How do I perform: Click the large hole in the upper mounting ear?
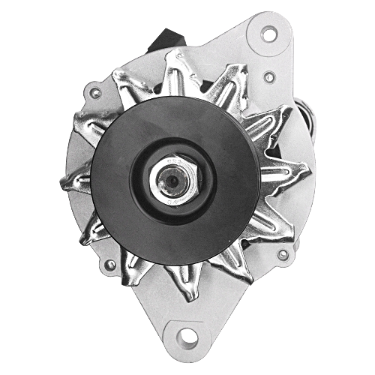[268, 33]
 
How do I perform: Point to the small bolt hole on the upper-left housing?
[94, 93]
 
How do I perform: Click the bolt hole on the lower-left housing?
[110, 265]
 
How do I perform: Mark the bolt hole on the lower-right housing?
[283, 255]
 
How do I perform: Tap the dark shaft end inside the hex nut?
[172, 181]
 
